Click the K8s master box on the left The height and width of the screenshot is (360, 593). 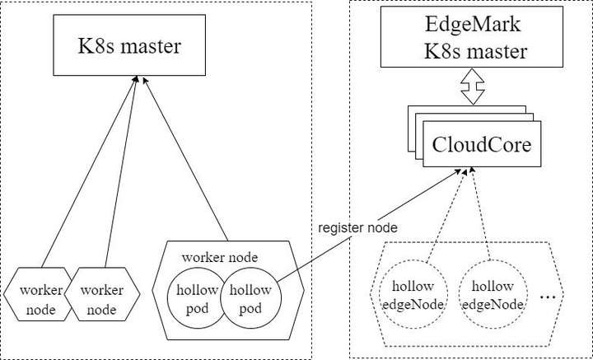pyautogui.click(x=129, y=45)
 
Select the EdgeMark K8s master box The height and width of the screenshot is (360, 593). pyautogui.click(x=472, y=37)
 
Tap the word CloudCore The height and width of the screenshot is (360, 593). pyautogui.click(x=482, y=145)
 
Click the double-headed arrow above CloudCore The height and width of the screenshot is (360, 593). pyautogui.click(x=473, y=86)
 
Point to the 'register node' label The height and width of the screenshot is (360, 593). pyautogui.click(x=357, y=228)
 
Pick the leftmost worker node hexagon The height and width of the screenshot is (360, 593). pyautogui.click(x=38, y=294)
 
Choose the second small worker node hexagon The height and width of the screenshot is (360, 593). pyautogui.click(x=102, y=294)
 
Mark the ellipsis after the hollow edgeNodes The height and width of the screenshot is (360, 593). pyautogui.click(x=548, y=297)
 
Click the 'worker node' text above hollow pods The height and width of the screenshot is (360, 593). pyautogui.click(x=220, y=258)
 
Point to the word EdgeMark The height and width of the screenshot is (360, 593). pyautogui.click(x=473, y=25)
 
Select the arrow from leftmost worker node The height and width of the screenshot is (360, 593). pyautogui.click(x=89, y=171)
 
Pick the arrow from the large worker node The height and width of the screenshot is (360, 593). pyautogui.click(x=185, y=158)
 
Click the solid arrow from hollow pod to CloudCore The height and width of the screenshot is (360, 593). pyautogui.click(x=370, y=226)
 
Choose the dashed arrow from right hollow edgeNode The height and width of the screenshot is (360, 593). pyautogui.click(x=481, y=214)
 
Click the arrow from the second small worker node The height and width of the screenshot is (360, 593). pyautogui.click(x=121, y=171)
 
